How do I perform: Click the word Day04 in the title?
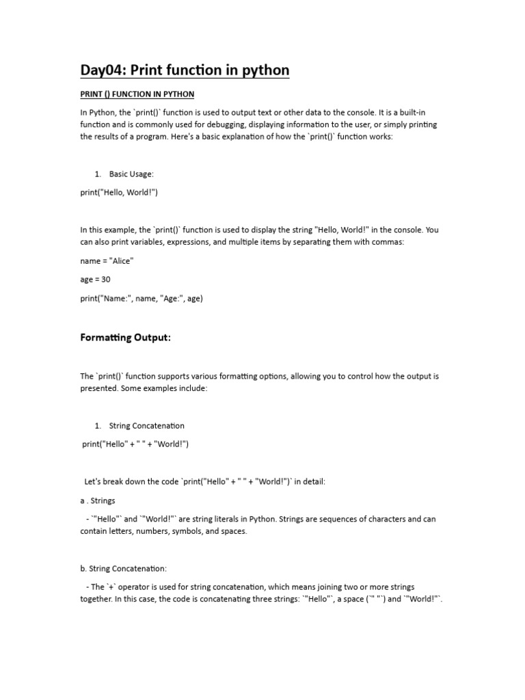click(101, 70)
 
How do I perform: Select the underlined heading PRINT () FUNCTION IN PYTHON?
click(137, 94)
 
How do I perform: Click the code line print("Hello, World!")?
click(119, 193)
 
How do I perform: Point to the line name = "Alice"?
click(107, 261)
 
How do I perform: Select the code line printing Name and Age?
click(142, 298)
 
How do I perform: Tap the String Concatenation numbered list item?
click(146, 426)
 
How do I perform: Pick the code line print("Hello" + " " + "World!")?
click(135, 444)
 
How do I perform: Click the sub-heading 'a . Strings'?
click(98, 500)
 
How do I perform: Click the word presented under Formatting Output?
click(99, 388)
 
